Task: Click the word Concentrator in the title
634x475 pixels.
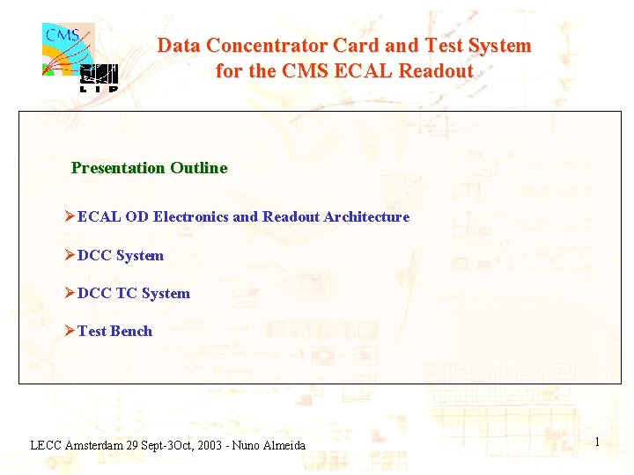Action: [268, 46]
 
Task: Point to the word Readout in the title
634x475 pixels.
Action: [436, 71]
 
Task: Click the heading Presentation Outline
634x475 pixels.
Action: [149, 168]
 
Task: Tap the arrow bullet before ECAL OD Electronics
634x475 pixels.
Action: [70, 216]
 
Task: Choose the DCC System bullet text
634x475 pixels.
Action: [121, 256]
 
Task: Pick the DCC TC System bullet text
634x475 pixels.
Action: [134, 294]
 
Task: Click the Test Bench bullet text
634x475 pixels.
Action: [114, 332]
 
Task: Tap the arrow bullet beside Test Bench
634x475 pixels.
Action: [70, 332]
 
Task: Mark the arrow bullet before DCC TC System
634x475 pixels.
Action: [70, 294]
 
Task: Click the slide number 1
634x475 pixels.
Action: [597, 442]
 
